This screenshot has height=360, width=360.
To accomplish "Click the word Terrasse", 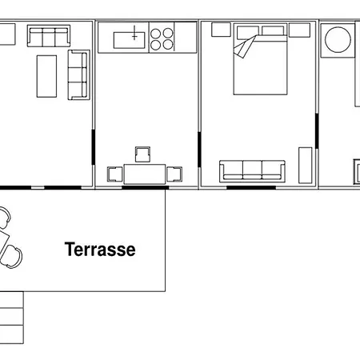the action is pos(100,250).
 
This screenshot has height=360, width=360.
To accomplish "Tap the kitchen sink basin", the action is pos(130,40).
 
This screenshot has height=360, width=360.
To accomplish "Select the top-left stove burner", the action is pos(155,34).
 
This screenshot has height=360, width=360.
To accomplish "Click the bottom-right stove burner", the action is pos(168,45).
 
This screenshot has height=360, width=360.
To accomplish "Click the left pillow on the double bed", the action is pos(248,30).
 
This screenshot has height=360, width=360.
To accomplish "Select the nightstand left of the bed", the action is pos(221,30).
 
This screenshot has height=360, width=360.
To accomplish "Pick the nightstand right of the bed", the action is pos(299,30).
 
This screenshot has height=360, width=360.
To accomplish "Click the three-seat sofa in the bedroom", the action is pos(252,171).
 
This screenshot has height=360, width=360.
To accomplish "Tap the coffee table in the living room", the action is pos(46,76).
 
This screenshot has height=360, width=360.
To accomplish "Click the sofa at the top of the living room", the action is pos(49,36).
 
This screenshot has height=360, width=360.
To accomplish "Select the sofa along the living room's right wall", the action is pos(78,75).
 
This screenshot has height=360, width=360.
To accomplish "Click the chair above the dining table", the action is pos(142,154).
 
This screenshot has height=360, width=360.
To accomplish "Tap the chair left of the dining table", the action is pos(115,174).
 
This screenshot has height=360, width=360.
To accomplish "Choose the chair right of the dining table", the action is pos(174,174).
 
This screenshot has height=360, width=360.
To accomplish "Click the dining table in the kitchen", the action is pos(145,174).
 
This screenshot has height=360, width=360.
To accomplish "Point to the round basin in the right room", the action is pos(338,40).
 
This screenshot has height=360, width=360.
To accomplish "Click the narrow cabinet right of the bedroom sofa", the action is pos(306,166).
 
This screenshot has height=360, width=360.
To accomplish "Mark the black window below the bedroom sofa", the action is pos(251,187).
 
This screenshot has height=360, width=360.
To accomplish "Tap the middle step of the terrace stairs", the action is pos(12,317).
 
